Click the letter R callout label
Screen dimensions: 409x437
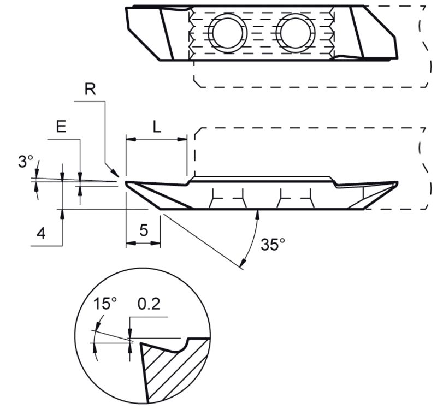[x=91, y=90]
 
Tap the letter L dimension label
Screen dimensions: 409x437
[x=157, y=127]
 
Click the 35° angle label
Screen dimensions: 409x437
[x=273, y=244]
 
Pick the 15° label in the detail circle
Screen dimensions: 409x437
[x=103, y=304]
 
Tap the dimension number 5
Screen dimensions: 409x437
[x=143, y=230]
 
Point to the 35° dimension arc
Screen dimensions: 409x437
[x=251, y=240]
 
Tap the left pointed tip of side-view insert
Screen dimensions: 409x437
[x=126, y=184]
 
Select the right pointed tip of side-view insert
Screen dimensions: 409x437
[x=397, y=184]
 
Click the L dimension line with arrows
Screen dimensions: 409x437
[x=157, y=139]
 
